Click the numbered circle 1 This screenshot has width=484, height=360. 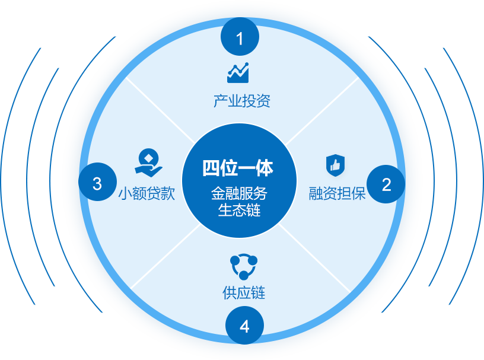click(x=240, y=39)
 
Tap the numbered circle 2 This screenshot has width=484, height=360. click(x=386, y=184)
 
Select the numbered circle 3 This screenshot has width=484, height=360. click(x=97, y=183)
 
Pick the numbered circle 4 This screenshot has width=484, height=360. click(x=244, y=327)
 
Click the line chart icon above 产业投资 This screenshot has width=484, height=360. click(x=238, y=73)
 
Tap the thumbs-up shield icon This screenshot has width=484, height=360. click(x=335, y=165)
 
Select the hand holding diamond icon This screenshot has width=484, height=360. click(x=148, y=162)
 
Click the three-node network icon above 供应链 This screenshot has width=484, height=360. click(x=243, y=266)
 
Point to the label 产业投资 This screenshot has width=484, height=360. click(x=241, y=101)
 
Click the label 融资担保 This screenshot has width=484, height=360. click(x=337, y=194)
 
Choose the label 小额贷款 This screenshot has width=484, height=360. click(x=147, y=194)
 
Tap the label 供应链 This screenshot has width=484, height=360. click(x=244, y=292)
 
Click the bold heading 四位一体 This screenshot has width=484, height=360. click(x=238, y=168)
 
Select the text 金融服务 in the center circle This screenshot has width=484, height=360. click(x=239, y=194)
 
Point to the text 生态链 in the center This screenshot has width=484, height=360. click(x=239, y=211)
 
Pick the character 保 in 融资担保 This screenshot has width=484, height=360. click(x=358, y=194)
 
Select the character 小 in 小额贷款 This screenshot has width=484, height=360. click(x=125, y=194)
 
